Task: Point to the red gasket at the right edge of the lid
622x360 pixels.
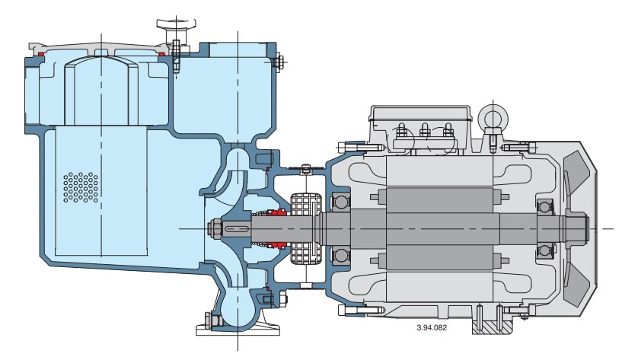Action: coord(161,55)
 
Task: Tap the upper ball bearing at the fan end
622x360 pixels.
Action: coord(544,205)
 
